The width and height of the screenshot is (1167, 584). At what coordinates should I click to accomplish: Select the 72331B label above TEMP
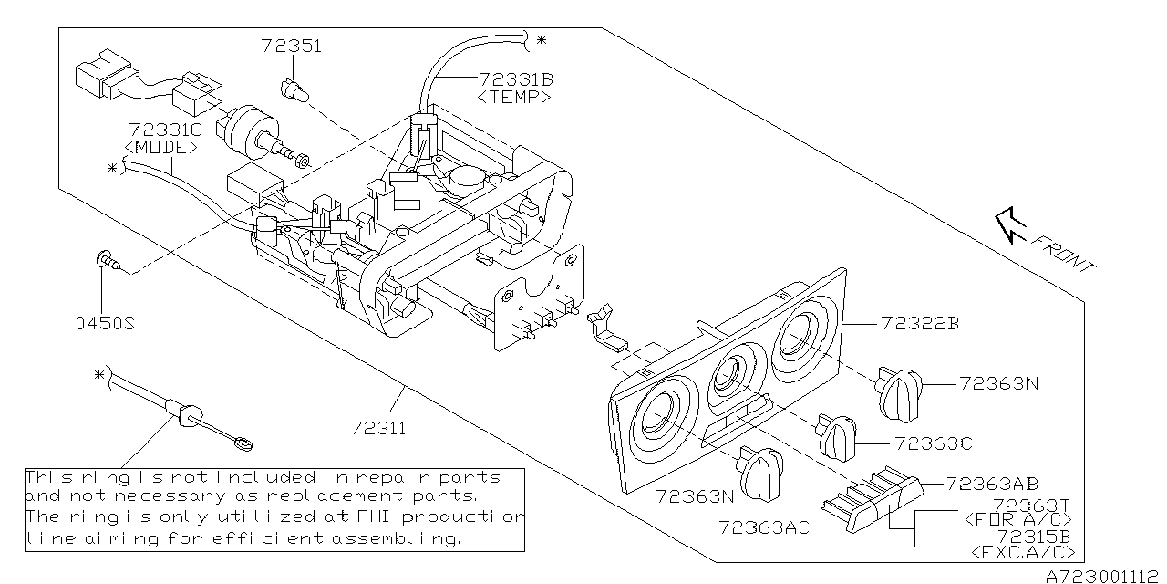[514, 80]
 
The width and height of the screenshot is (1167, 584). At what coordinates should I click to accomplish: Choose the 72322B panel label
[919, 323]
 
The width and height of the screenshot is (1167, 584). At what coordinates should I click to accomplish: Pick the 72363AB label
[992, 484]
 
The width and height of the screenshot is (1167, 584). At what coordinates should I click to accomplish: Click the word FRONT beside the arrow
[1064, 253]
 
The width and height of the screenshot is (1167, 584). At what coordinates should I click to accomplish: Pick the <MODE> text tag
[161, 147]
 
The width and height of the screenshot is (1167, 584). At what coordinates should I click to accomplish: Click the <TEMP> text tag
[513, 96]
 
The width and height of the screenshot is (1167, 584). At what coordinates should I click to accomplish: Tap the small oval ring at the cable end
[243, 444]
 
